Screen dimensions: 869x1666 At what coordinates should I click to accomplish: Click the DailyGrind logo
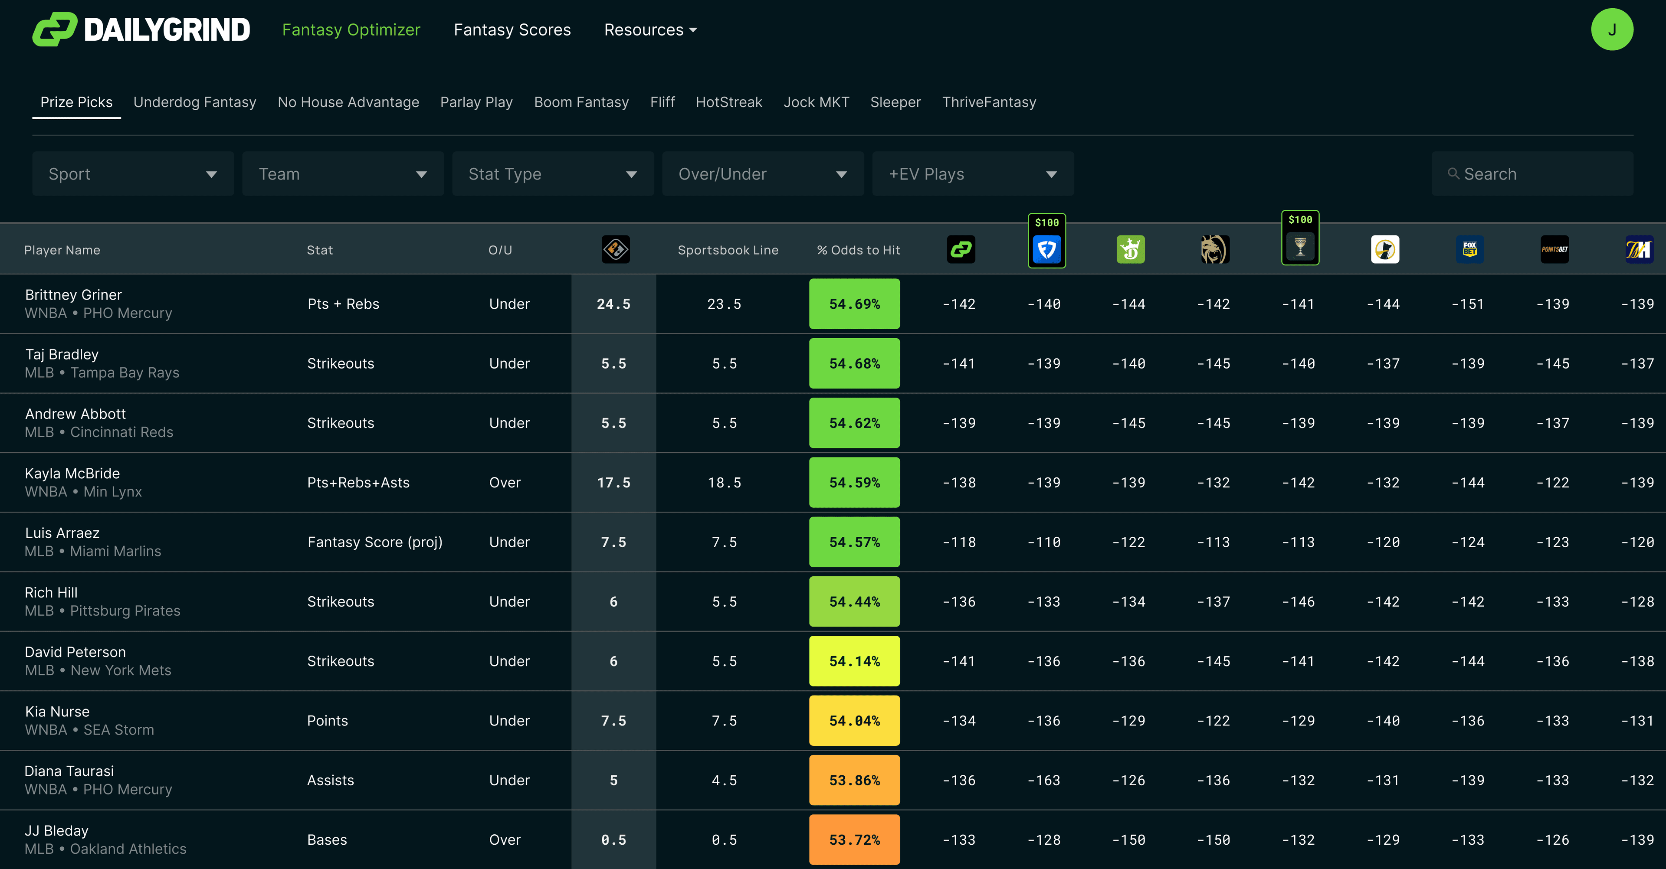point(141,30)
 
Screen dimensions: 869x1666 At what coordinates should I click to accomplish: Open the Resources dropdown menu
point(650,30)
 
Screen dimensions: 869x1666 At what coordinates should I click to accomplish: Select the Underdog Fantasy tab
point(195,102)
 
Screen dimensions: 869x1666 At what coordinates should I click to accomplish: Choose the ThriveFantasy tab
point(988,102)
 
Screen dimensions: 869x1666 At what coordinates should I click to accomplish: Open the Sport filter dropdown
point(133,174)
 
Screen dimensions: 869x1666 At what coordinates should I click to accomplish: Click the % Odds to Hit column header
point(858,250)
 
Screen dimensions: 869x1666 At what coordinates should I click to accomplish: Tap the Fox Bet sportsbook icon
point(1469,250)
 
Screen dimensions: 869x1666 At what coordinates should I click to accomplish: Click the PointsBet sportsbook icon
point(1554,250)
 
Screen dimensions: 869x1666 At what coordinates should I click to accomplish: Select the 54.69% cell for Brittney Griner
point(854,304)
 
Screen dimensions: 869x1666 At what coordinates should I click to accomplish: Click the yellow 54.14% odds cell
point(854,661)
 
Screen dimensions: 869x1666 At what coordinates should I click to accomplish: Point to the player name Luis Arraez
point(62,533)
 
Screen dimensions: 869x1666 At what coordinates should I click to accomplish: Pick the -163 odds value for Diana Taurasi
point(1044,781)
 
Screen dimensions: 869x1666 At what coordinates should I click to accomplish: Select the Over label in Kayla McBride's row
point(505,482)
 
